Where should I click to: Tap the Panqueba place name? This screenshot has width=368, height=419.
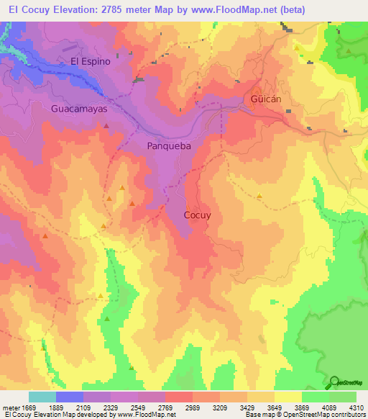click(x=169, y=145)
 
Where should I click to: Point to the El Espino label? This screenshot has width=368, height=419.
click(x=91, y=61)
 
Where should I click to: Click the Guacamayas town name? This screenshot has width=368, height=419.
click(x=78, y=109)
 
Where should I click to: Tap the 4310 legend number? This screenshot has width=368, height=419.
click(x=356, y=407)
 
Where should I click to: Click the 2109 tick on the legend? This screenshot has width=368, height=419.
click(x=83, y=407)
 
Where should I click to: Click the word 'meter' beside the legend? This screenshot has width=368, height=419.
click(x=9, y=407)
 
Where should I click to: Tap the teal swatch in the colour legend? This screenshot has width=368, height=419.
click(x=42, y=397)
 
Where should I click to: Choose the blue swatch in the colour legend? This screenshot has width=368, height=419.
click(x=70, y=397)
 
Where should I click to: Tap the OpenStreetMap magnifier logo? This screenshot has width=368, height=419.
click(x=335, y=383)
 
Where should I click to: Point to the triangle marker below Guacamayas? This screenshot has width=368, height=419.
click(x=106, y=125)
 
